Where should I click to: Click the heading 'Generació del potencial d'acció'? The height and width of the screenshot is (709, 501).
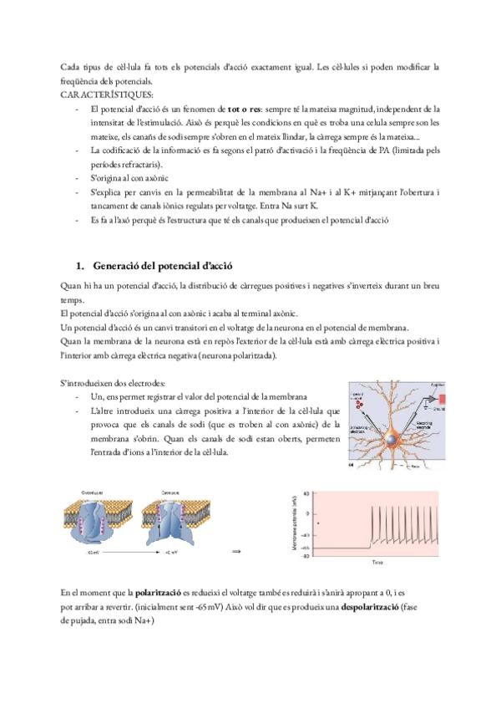tap(162, 266)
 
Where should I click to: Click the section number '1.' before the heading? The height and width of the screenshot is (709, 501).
tap(81, 266)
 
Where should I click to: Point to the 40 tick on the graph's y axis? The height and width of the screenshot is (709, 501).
tap(306, 493)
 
